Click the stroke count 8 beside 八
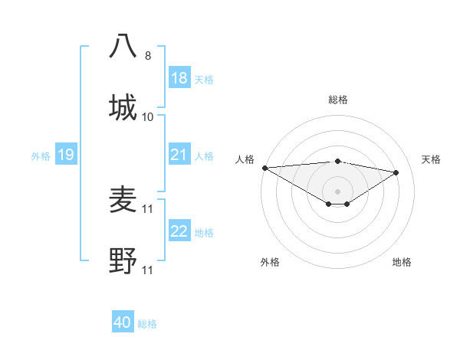[x=148, y=56]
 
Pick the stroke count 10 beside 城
[x=148, y=117]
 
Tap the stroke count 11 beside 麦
[x=148, y=209]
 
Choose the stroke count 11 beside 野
[x=148, y=270]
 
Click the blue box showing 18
[x=179, y=78]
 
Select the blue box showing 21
[x=179, y=155]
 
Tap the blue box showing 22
[x=179, y=231]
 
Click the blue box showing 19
[x=66, y=155]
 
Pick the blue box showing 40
[x=123, y=322]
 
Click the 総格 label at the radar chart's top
[x=337, y=100]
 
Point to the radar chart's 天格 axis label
[x=431, y=159]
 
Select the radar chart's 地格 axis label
[x=402, y=262]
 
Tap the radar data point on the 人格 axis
[x=264, y=168]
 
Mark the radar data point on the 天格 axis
[x=396, y=172]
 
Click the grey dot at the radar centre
[x=337, y=191]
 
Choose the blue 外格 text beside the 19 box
[x=41, y=155]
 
